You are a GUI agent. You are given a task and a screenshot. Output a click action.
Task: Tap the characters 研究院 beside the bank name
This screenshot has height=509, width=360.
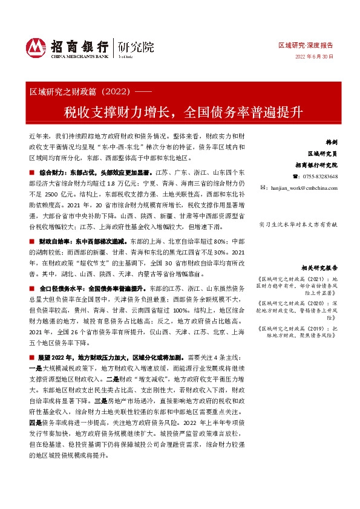(136, 46)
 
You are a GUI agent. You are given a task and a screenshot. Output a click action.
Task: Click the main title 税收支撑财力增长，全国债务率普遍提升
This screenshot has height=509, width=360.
(180, 112)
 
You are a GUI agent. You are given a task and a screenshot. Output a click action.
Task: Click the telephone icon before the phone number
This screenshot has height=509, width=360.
(295, 176)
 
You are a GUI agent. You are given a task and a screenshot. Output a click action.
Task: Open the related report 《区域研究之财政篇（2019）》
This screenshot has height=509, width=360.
(303, 329)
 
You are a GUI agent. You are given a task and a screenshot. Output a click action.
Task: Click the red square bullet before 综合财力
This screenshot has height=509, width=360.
(31, 173)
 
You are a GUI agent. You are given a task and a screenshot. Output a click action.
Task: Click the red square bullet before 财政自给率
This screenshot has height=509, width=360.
(31, 241)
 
